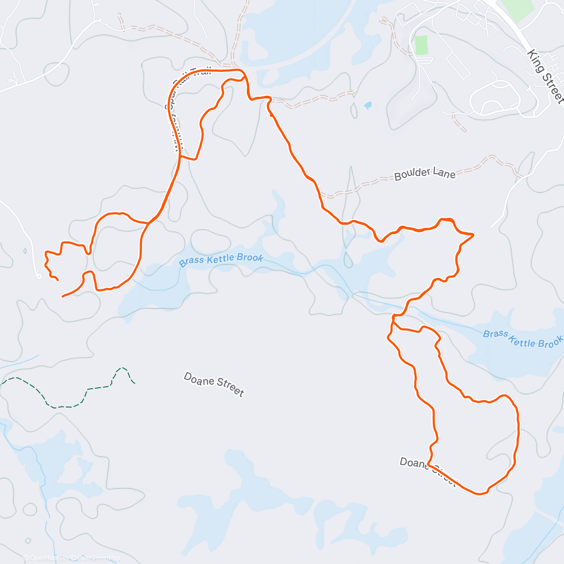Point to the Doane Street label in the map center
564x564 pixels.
point(214,384)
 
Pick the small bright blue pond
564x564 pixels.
point(368,105)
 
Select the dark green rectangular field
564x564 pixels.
point(421,45)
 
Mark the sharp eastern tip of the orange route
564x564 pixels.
point(473,234)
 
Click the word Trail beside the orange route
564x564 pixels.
point(200,76)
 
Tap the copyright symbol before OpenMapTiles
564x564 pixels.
point(26,558)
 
